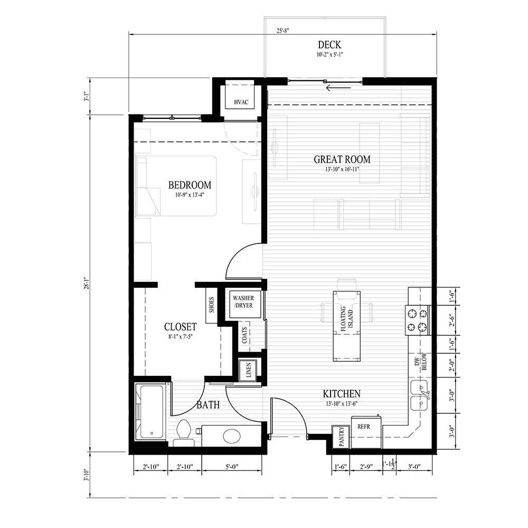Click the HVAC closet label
coord(240,102)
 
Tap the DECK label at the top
coord(329,45)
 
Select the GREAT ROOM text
coord(342,159)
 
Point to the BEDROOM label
coord(190,185)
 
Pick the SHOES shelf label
coord(211,304)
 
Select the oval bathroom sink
coord(232,436)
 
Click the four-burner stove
coord(417,320)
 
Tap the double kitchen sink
coord(421,397)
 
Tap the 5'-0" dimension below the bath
coord(232,466)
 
